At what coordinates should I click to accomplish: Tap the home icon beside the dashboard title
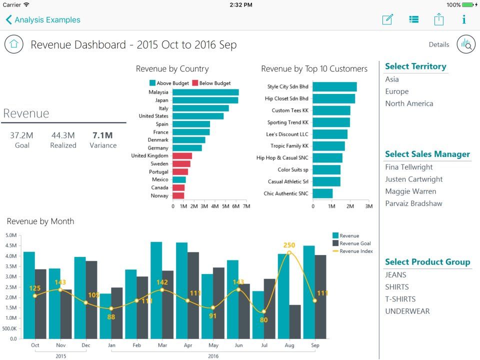pyautogui.click(x=14, y=44)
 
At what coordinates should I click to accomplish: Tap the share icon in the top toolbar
pyautogui.click(x=438, y=19)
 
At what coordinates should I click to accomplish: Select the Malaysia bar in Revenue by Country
pyautogui.click(x=205, y=92)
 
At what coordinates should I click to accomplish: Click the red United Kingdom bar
pyautogui.click(x=182, y=156)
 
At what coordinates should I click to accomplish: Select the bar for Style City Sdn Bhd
pyautogui.click(x=334, y=86)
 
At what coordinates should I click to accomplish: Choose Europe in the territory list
pyautogui.click(x=396, y=91)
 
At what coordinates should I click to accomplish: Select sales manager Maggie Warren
pyautogui.click(x=410, y=191)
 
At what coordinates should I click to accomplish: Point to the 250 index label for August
pyautogui.click(x=289, y=245)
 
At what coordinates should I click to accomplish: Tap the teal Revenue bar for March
pyautogui.click(x=156, y=290)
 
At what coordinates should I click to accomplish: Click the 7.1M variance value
pyautogui.click(x=102, y=135)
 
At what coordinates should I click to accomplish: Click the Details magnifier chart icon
pyautogui.click(x=466, y=44)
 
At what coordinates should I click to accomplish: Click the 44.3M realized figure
pyautogui.click(x=63, y=135)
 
